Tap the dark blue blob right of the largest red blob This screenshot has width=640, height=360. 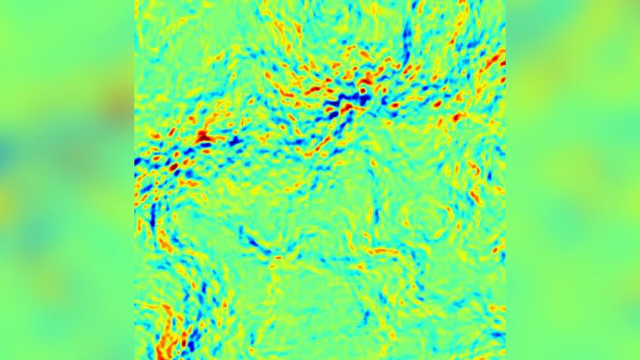(x=236, y=142)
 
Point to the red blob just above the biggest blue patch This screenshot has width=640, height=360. (x=366, y=80)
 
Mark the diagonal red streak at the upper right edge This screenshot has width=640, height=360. (x=494, y=60)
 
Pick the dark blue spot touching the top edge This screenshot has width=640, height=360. (x=415, y=6)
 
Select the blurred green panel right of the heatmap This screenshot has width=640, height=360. (x=573, y=180)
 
